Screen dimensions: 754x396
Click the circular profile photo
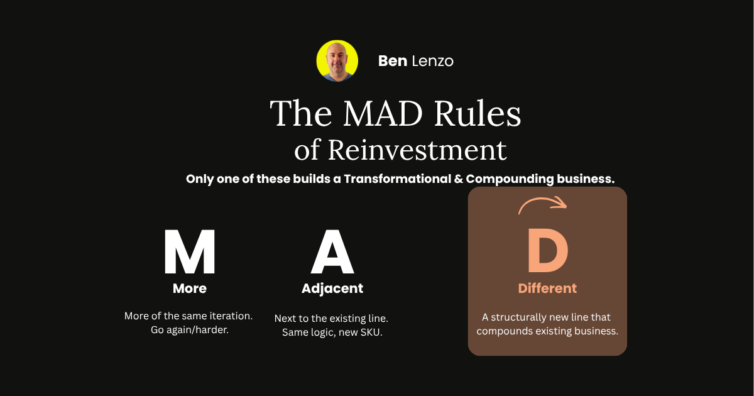point(337,61)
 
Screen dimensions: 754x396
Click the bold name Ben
point(393,62)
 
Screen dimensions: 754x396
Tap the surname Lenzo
point(432,62)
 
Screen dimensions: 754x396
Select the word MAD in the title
point(383,113)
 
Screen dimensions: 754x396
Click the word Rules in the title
point(478,113)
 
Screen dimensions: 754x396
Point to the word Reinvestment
point(417,150)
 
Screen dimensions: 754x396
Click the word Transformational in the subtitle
point(397,179)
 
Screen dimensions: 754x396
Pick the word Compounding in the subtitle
point(510,179)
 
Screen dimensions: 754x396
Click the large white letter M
point(190,251)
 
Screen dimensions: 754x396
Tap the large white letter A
point(332,251)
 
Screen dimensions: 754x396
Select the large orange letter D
point(548,250)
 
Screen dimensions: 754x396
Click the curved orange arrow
point(542,199)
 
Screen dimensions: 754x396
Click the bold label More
point(190,289)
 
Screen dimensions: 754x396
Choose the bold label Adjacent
point(332,289)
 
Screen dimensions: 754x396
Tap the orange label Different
point(547,289)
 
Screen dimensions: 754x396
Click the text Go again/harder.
point(190,330)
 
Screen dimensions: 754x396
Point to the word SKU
point(371,333)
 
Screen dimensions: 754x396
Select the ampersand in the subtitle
point(458,179)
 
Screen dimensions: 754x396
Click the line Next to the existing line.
point(331,319)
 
